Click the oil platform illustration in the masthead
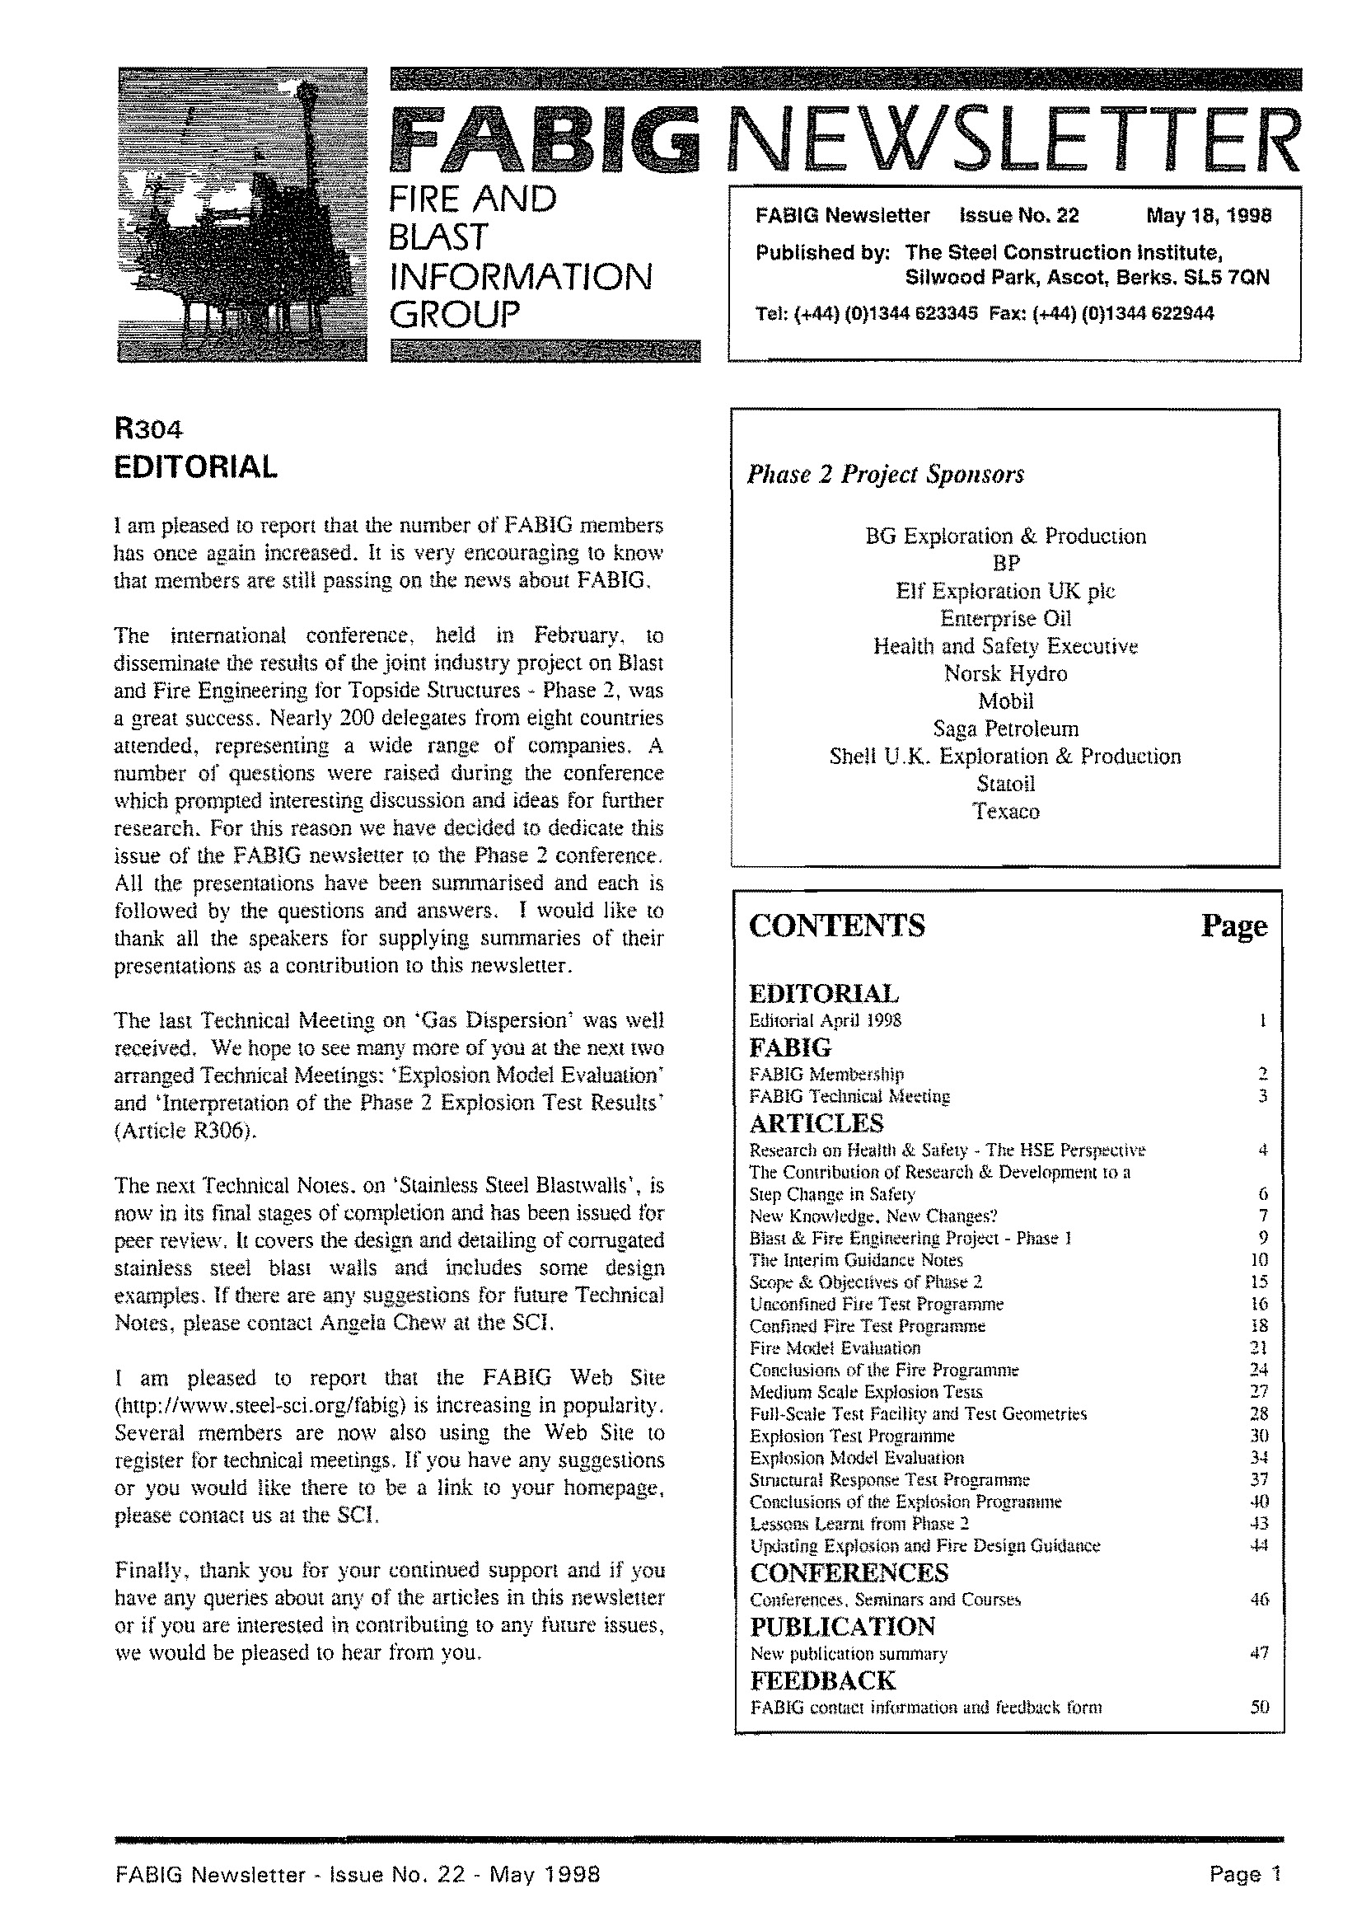tap(242, 214)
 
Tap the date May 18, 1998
tap(1208, 216)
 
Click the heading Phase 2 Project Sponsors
tap(885, 475)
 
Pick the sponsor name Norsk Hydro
tap(1004, 674)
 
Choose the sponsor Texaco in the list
tap(1004, 812)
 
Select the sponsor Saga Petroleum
tap(1004, 729)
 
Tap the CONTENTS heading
tap(836, 926)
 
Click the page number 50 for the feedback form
tap(1260, 1708)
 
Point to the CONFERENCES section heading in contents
tap(849, 1573)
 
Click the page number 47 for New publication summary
tap(1260, 1653)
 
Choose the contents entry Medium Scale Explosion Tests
tap(865, 1392)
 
